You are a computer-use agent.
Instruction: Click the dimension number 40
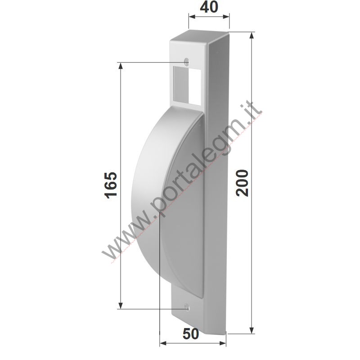[x=209, y=7]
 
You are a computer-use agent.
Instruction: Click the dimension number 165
[x=111, y=185]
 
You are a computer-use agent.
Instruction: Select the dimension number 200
[x=242, y=183]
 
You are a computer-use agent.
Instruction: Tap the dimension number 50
[x=191, y=334]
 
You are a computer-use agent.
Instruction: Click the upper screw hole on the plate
[x=187, y=62]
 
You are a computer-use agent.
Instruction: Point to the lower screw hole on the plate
[x=187, y=307]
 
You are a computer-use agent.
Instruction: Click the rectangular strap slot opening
[x=187, y=85]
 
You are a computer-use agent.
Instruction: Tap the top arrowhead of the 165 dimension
[x=120, y=66]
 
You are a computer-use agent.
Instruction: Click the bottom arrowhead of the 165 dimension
[x=120, y=306]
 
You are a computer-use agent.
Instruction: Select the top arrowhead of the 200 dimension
[x=252, y=36]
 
